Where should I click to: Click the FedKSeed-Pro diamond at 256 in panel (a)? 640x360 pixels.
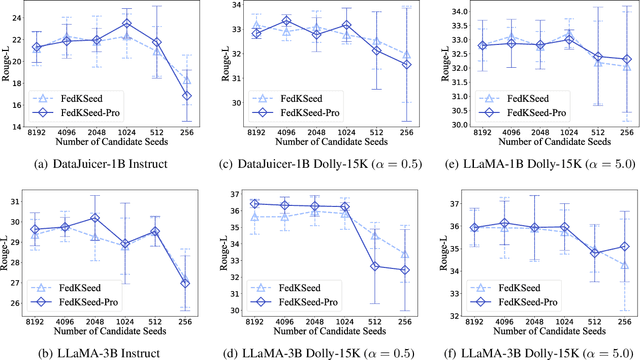pyautogui.click(x=187, y=96)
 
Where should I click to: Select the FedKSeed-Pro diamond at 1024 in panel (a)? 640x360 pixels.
pyautogui.click(x=127, y=23)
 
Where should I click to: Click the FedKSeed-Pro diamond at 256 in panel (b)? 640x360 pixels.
pyautogui.click(x=187, y=283)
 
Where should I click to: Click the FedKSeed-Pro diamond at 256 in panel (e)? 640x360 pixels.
pyautogui.click(x=627, y=59)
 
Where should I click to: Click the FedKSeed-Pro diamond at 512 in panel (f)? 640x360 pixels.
pyautogui.click(x=597, y=252)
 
